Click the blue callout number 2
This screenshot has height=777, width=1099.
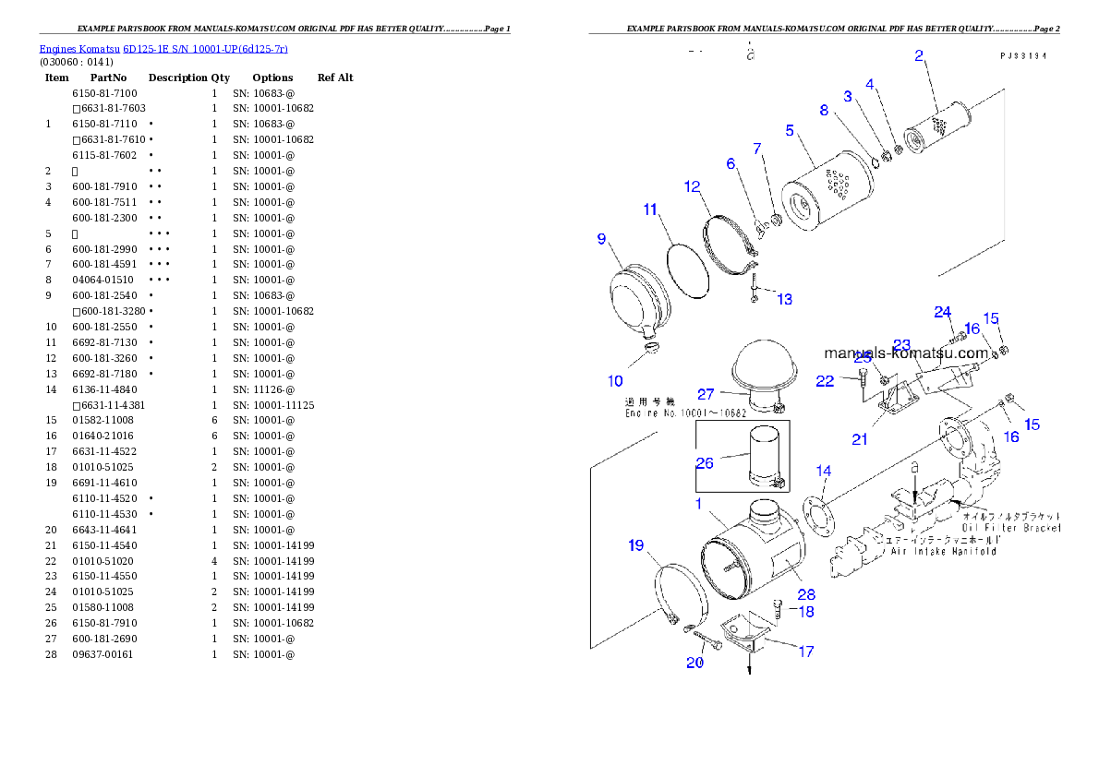pyautogui.click(x=919, y=55)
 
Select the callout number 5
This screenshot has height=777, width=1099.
pyautogui.click(x=790, y=130)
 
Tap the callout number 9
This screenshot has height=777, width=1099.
pyautogui.click(x=601, y=239)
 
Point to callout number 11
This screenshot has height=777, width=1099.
pyautogui.click(x=651, y=209)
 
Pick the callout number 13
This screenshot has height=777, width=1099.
pyautogui.click(x=784, y=299)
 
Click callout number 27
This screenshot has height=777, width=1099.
pyautogui.click(x=706, y=394)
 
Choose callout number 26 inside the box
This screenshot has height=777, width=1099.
pyautogui.click(x=705, y=462)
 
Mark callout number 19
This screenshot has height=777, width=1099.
pyautogui.click(x=636, y=545)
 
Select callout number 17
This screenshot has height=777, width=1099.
pyautogui.click(x=806, y=651)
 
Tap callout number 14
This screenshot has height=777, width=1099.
pyautogui.click(x=824, y=471)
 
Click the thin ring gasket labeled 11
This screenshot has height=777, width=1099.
pyautogui.click(x=688, y=268)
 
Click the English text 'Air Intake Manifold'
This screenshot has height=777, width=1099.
pyautogui.click(x=943, y=551)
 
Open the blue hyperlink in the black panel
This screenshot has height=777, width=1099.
pyautogui.click(x=163, y=48)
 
